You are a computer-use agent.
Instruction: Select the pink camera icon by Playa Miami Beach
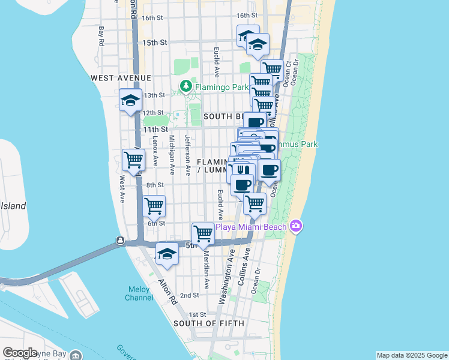point(295,226)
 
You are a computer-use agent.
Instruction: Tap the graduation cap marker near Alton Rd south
point(167,254)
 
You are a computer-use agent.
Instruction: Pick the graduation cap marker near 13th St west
point(130,100)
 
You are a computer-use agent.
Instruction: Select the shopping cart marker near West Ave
point(133,160)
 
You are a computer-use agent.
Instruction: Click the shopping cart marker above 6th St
point(154,206)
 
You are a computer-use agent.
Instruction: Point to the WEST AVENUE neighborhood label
point(121,78)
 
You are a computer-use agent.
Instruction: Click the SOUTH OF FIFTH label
point(208,323)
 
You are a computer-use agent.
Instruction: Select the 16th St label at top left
point(154,18)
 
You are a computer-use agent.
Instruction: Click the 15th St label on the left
point(154,43)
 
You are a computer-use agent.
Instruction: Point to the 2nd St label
point(189,295)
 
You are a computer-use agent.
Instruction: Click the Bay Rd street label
point(101,36)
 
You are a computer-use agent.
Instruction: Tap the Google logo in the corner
point(20,353)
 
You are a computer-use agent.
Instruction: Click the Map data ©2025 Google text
point(411,355)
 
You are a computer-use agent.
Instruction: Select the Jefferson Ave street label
point(187,155)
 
